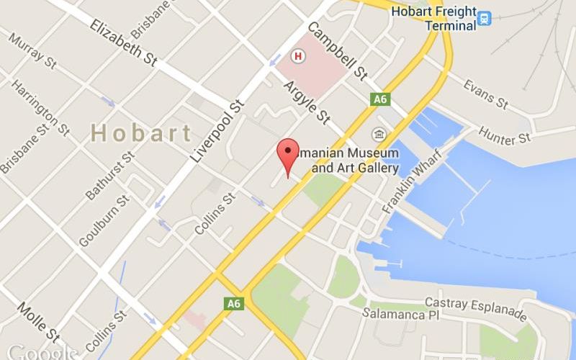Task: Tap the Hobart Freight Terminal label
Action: (433, 18)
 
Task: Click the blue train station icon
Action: (484, 18)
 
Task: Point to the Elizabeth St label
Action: (123, 42)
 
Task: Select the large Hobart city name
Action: (142, 133)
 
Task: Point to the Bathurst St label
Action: (110, 176)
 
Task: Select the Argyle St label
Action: (306, 102)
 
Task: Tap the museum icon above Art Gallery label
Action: (378, 135)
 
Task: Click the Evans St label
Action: (486, 96)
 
